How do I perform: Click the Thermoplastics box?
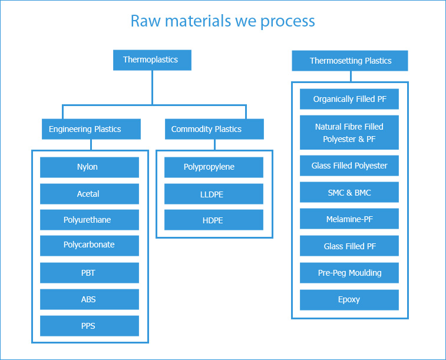(x=152, y=60)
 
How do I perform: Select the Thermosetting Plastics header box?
(x=350, y=61)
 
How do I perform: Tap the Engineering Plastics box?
(x=91, y=129)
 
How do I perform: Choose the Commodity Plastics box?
(x=214, y=129)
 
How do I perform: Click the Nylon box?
(x=90, y=167)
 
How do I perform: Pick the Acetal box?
(x=90, y=194)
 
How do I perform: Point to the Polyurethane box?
(x=90, y=220)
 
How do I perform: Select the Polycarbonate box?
(x=90, y=246)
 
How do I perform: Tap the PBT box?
(x=90, y=273)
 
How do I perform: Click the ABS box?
(x=90, y=299)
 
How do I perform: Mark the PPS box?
(x=90, y=326)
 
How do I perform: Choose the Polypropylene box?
(x=214, y=167)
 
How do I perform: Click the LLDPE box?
(x=214, y=194)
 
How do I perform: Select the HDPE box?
(x=214, y=220)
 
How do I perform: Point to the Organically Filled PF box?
(x=349, y=99)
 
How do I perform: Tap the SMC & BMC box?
(x=349, y=192)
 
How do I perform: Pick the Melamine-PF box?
(x=349, y=219)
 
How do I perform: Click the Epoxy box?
(x=349, y=300)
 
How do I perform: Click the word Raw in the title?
(x=145, y=21)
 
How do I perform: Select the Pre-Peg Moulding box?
(x=349, y=273)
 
